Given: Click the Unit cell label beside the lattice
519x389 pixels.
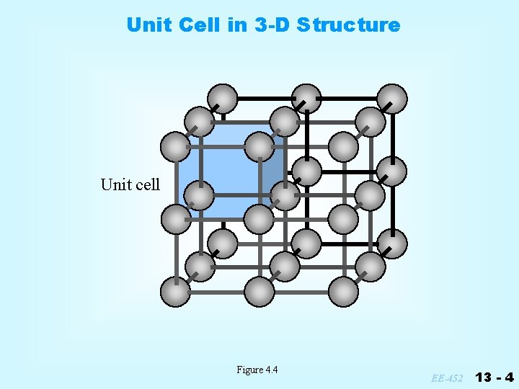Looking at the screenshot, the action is pyautogui.click(x=130, y=184).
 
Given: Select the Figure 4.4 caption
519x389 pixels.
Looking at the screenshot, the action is pyautogui.click(x=257, y=370).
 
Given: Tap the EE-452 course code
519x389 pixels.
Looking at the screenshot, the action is pyautogui.click(x=448, y=377).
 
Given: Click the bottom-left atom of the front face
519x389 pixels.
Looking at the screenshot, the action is pyautogui.click(x=175, y=292).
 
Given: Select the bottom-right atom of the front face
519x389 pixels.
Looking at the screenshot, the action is pyautogui.click(x=344, y=292).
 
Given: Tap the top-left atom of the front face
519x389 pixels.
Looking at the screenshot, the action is pyautogui.click(x=175, y=147).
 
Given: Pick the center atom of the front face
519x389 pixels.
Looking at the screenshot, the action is pyautogui.click(x=259, y=219).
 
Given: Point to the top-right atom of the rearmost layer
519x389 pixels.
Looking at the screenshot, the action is pyautogui.click(x=392, y=99).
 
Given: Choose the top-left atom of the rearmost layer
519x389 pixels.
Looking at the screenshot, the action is pyautogui.click(x=223, y=99).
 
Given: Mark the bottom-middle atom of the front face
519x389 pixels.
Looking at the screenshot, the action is pyautogui.click(x=259, y=292).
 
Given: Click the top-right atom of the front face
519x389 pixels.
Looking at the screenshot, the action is pyautogui.click(x=344, y=147).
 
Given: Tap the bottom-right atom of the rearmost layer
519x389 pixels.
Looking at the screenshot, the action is pyautogui.click(x=392, y=243).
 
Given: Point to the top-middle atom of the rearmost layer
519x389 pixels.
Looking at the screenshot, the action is pyautogui.click(x=307, y=99).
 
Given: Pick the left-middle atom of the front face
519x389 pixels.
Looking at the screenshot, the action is pyautogui.click(x=175, y=219).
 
